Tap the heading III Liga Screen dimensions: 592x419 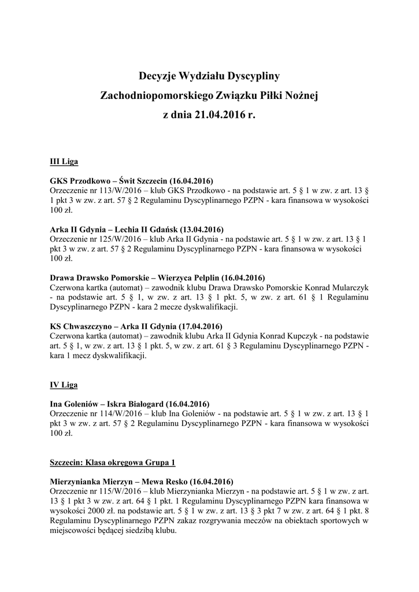coord(64,160)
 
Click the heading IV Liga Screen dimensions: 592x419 coord(64,384)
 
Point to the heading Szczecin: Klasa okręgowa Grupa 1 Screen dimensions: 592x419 coord(113,462)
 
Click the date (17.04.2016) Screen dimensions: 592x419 coord(197,326)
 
